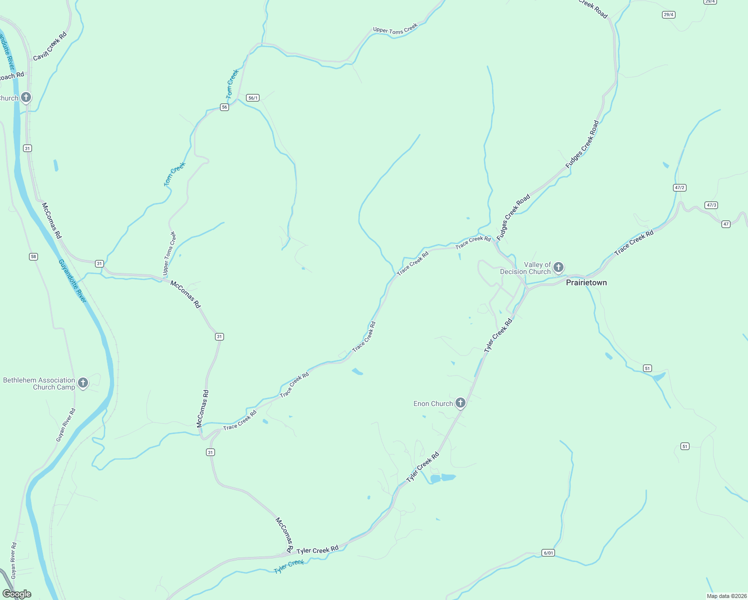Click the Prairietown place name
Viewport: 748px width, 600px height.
point(586,282)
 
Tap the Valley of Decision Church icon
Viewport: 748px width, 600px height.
point(558,267)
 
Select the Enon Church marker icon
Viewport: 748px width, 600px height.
point(460,402)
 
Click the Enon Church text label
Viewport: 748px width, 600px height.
point(433,403)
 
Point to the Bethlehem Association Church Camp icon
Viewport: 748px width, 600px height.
point(83,383)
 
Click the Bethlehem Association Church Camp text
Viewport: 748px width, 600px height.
point(39,383)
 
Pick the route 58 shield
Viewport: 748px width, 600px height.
point(33,256)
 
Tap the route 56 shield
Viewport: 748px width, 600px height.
point(224,107)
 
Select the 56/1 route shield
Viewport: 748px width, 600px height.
point(253,98)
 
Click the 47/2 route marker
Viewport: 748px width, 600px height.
point(679,187)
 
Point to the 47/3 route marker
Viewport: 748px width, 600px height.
point(711,205)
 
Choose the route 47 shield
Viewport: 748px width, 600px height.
point(726,224)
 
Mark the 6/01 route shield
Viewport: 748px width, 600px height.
point(548,552)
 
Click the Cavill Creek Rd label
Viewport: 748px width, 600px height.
point(50,47)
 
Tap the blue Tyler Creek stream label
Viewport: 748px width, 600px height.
point(289,566)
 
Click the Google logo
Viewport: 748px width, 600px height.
point(17,594)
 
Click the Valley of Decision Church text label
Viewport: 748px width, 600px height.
point(525,268)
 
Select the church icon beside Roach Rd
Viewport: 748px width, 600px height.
point(26,97)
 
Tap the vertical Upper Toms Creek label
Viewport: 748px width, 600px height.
point(168,253)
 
